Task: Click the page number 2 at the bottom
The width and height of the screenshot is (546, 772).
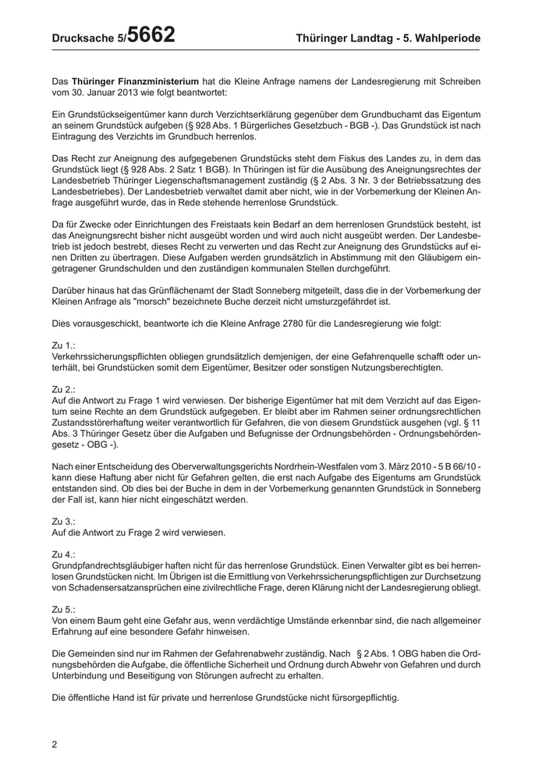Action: (x=55, y=744)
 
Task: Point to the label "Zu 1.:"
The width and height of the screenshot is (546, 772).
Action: (x=63, y=344)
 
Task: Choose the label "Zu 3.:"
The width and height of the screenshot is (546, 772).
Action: (x=63, y=520)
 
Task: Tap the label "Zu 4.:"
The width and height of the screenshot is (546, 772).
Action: (x=63, y=553)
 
